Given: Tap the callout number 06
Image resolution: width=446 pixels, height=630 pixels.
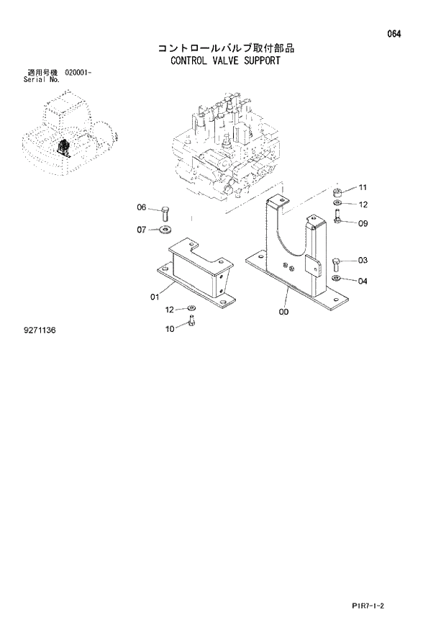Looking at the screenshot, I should click(x=142, y=208).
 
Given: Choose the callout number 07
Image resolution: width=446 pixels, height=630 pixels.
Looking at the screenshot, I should click(x=142, y=230).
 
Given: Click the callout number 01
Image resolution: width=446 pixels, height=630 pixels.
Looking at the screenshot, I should click(x=153, y=295).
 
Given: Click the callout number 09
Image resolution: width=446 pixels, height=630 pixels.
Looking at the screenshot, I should click(x=363, y=223).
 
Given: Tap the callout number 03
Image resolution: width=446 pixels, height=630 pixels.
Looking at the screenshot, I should click(x=363, y=260).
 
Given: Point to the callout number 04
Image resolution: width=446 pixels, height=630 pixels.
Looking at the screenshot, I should click(x=363, y=281).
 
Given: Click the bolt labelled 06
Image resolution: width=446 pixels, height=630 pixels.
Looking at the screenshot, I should click(x=165, y=212).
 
